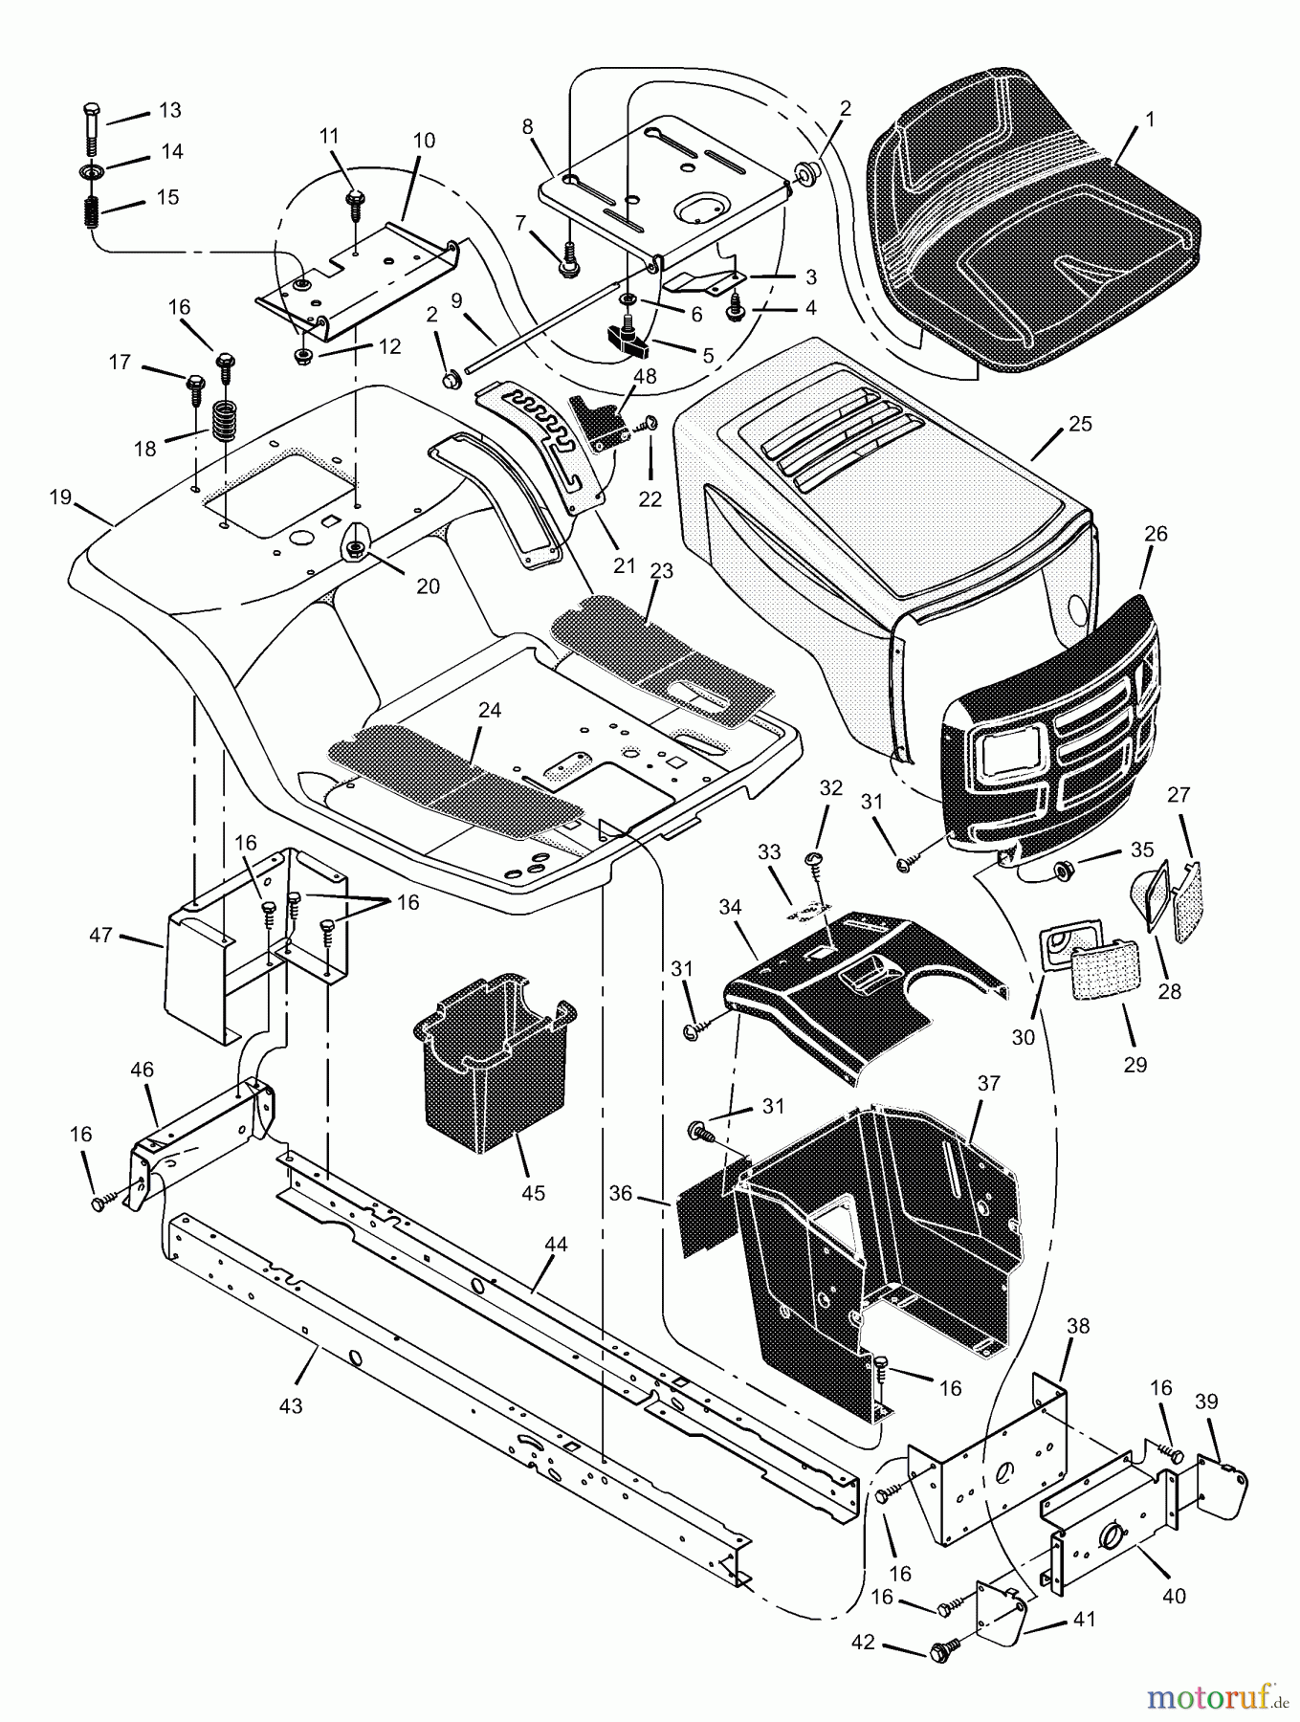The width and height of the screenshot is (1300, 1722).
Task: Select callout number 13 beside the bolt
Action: click(169, 111)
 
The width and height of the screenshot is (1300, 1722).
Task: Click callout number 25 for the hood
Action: click(1080, 424)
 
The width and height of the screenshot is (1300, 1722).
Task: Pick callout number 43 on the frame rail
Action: click(290, 1405)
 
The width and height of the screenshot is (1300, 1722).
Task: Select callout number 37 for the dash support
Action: click(988, 1083)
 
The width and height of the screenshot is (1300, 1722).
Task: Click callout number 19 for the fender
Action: click(60, 498)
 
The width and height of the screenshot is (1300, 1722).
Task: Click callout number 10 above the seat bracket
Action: click(424, 141)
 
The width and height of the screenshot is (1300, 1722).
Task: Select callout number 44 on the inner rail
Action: click(556, 1245)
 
